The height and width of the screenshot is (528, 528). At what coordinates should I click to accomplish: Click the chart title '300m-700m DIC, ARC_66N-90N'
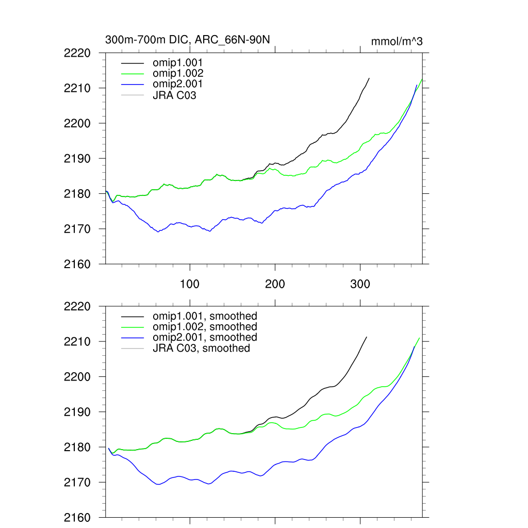pos(188,40)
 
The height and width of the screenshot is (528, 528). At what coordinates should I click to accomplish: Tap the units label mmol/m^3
pos(397,41)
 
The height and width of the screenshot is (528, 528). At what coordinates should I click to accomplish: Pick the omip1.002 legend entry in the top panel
pos(177,73)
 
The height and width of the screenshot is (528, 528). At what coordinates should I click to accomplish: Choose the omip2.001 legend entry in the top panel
pos(177,84)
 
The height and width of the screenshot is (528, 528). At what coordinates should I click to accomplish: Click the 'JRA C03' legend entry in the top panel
pos(174,95)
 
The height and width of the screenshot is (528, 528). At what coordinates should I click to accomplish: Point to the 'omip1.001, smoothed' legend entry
pos(205,316)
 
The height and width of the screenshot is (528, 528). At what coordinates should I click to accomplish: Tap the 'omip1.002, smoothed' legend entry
pos(205,327)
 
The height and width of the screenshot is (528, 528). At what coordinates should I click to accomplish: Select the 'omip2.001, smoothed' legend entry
pos(205,337)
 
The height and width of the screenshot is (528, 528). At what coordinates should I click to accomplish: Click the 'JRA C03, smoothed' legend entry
pos(201,349)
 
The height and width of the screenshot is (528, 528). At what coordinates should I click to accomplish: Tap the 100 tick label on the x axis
pos(190,284)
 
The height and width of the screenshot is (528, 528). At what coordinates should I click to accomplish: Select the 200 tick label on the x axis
pos(275,284)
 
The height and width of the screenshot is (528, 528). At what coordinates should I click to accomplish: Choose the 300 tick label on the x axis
pos(360,284)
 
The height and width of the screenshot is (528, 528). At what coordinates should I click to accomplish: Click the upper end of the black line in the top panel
pos(369,78)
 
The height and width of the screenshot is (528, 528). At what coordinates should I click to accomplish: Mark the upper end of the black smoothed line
pos(367,337)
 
